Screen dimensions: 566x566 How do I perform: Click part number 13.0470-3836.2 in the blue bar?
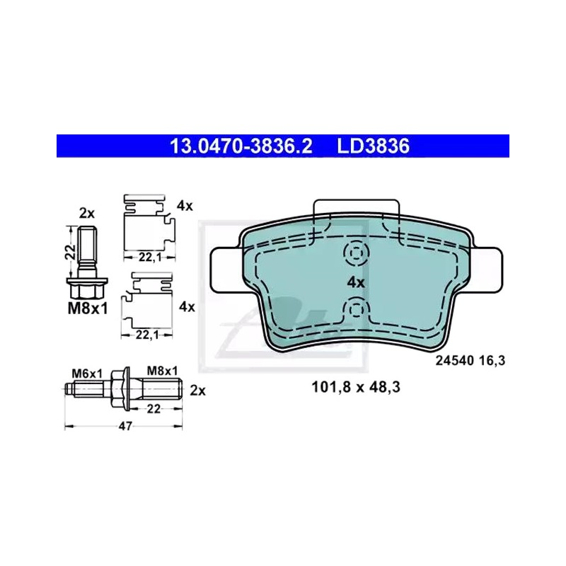(x=241, y=146)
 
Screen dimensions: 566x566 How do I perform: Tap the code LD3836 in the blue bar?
(x=374, y=146)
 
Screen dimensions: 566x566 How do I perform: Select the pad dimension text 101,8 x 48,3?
(x=356, y=387)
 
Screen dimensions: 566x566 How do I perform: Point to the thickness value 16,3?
(x=492, y=360)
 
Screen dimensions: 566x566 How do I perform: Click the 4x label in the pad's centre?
(x=356, y=282)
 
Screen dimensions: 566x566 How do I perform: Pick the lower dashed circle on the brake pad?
(x=356, y=310)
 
